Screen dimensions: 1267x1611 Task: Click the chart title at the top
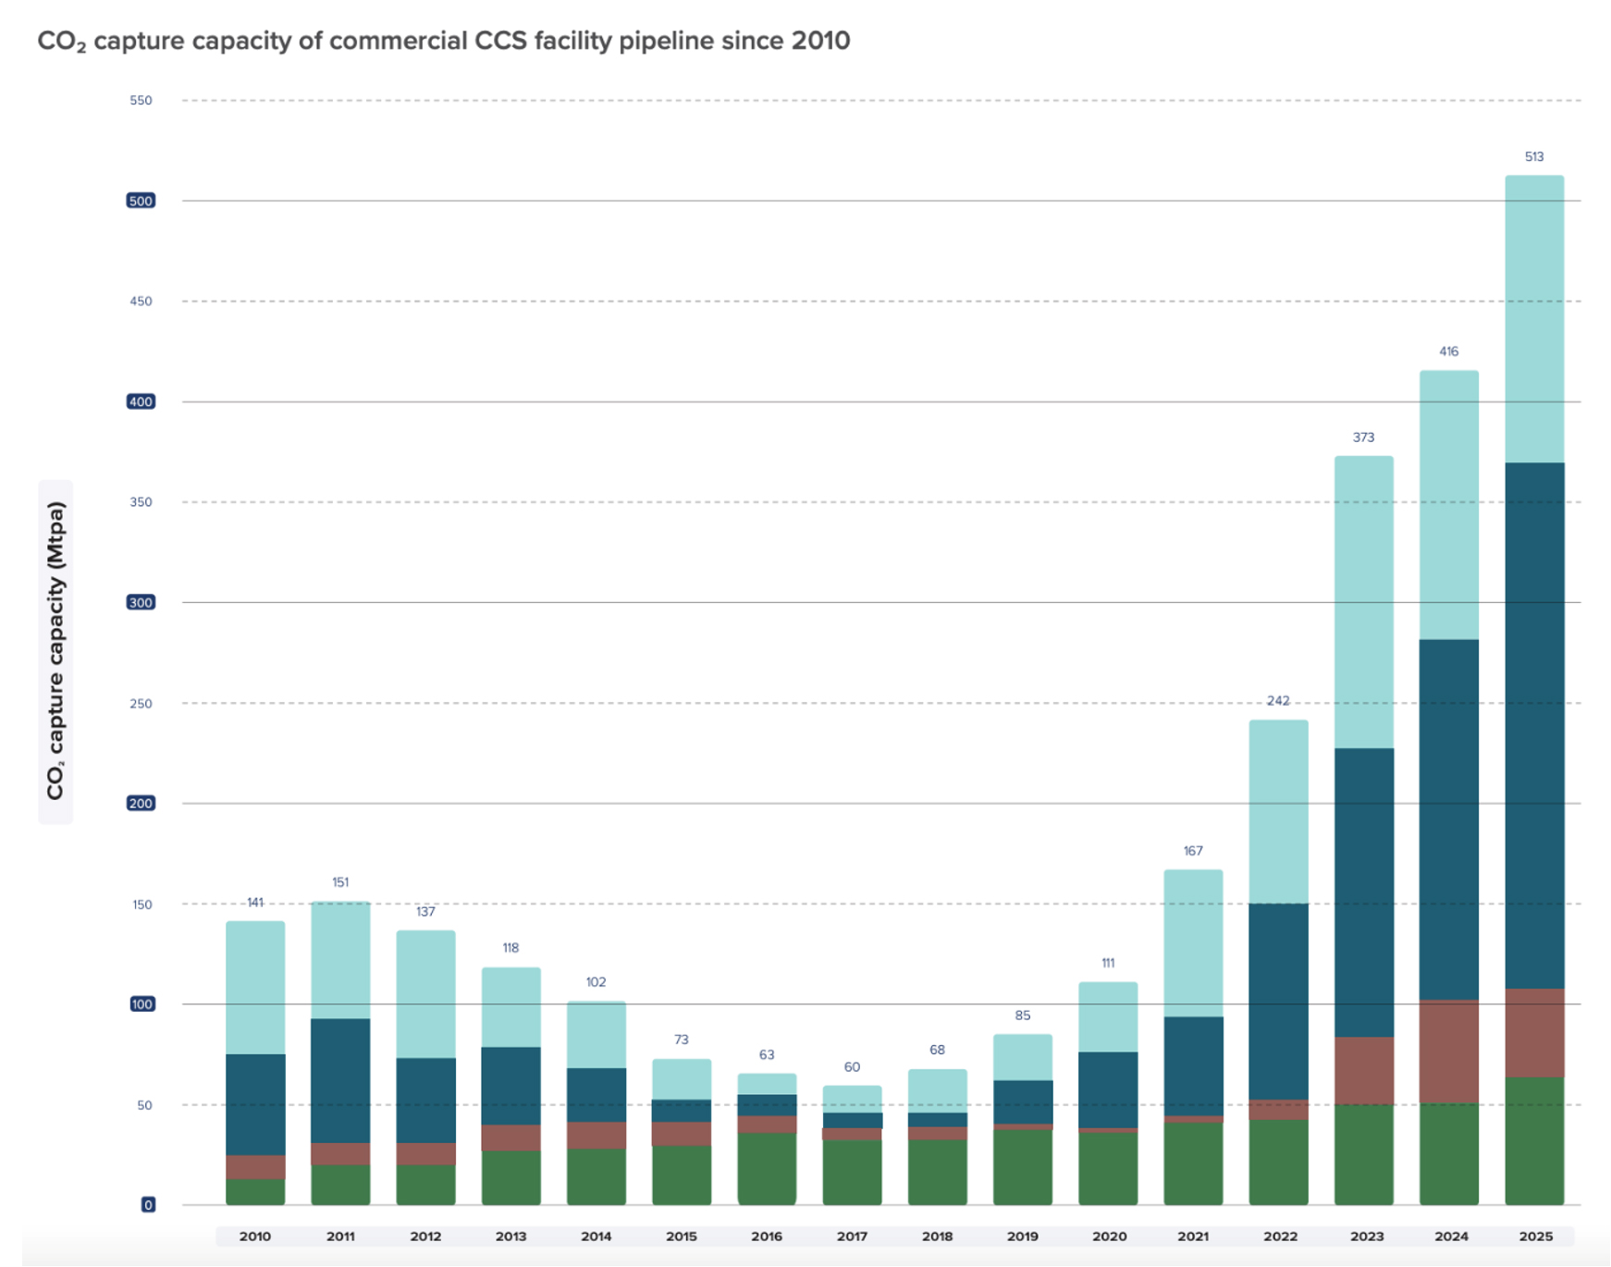coord(443,42)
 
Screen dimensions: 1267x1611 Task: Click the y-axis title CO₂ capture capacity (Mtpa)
coord(55,651)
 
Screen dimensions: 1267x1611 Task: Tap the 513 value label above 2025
coord(1534,156)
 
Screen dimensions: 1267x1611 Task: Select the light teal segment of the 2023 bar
coord(1363,601)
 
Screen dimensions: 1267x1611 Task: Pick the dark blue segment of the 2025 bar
coord(1534,726)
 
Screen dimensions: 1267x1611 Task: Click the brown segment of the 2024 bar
coord(1449,1051)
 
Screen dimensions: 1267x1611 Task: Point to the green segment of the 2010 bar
coord(255,1191)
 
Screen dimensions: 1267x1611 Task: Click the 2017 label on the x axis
coord(852,1236)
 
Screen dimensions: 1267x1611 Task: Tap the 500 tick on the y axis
coord(141,201)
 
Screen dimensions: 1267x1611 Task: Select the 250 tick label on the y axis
coord(141,704)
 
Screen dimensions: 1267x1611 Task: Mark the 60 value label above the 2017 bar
coord(852,1067)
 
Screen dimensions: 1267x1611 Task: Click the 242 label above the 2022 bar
coord(1278,701)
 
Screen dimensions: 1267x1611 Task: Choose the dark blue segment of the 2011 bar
coord(340,1080)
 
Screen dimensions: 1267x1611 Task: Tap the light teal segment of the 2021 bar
coord(1193,943)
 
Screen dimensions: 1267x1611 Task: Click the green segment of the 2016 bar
coord(767,1168)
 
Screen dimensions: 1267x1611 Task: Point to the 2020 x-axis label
coord(1109,1236)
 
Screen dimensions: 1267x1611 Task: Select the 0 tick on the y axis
coord(148,1205)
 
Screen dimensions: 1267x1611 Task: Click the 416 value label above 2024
coord(1449,351)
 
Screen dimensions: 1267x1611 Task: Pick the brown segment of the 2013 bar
coord(510,1138)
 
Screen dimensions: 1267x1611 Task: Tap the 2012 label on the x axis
coord(425,1236)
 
